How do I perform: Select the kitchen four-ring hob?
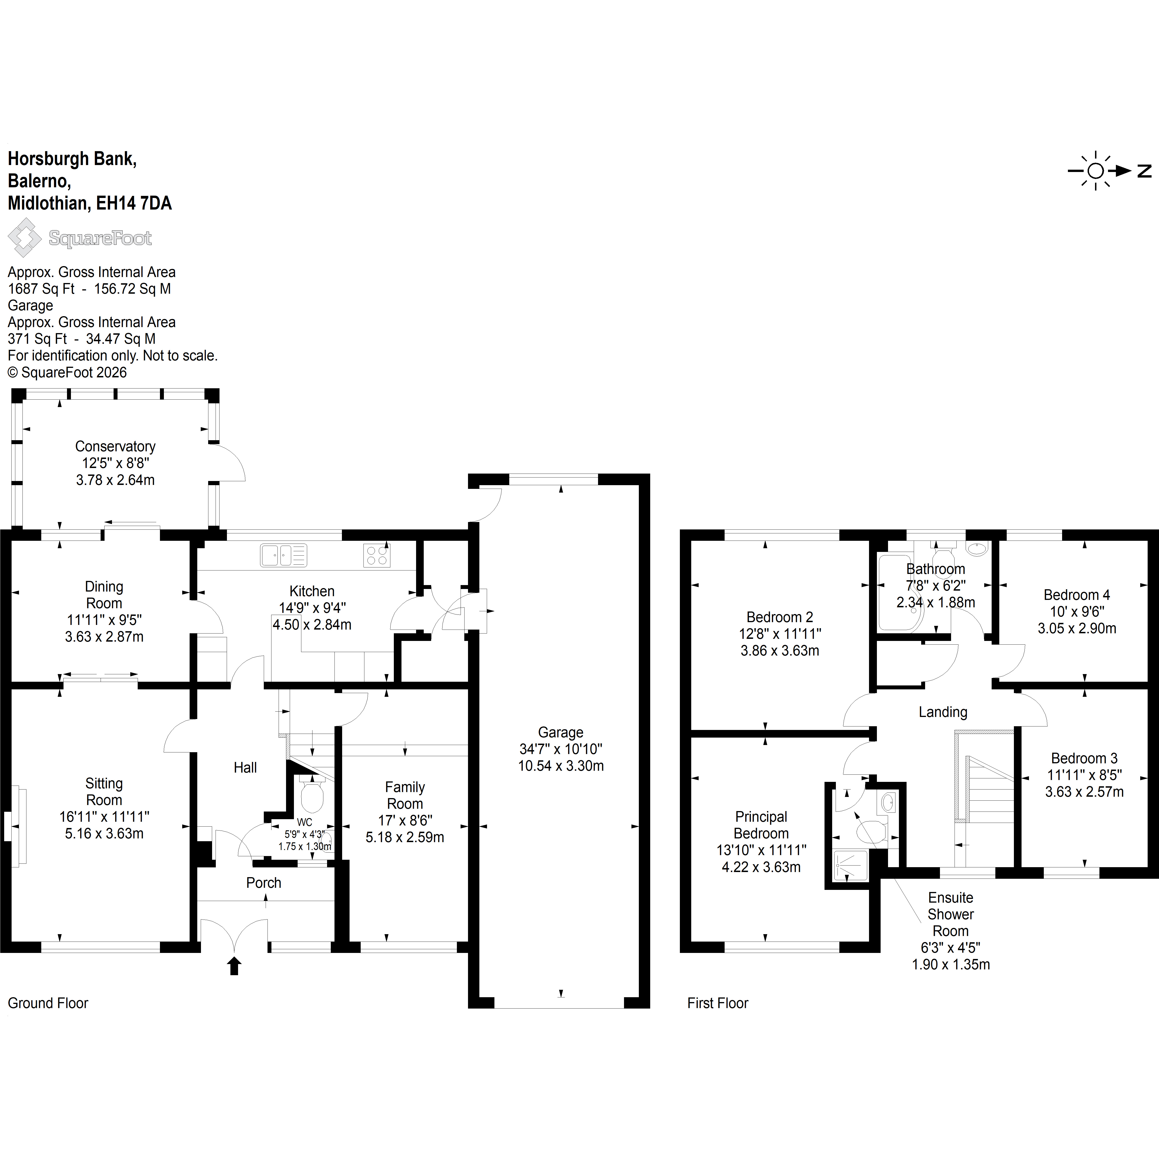[x=377, y=555]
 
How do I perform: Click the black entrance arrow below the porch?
[x=234, y=966]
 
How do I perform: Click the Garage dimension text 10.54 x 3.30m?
[x=561, y=766]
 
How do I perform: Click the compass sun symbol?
[x=1095, y=171]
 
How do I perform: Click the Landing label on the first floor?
[x=943, y=712]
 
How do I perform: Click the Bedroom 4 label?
[x=1077, y=595]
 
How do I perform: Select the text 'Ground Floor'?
[x=48, y=1003]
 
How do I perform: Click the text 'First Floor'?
[x=718, y=1003]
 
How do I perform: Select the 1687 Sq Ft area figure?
[x=41, y=289]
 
